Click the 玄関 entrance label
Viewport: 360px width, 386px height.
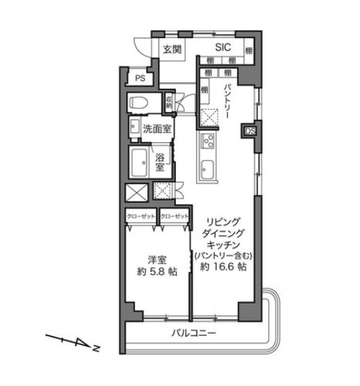[172, 50]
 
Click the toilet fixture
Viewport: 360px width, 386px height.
[139, 104]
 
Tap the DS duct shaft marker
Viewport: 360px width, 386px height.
[250, 131]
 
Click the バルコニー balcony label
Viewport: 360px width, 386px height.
[196, 333]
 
